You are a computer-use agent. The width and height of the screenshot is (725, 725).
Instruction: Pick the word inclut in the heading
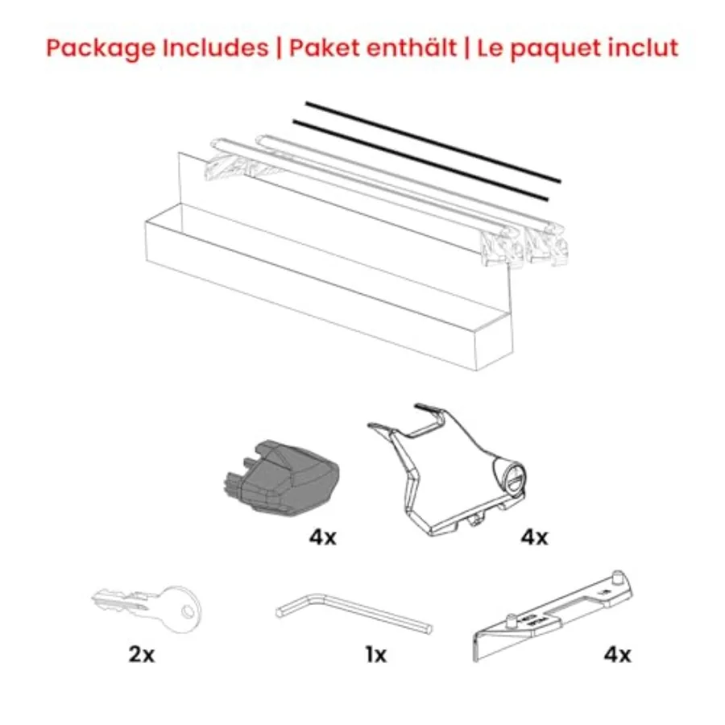click(644, 48)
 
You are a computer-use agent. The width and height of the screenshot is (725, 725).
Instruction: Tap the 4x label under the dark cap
click(322, 537)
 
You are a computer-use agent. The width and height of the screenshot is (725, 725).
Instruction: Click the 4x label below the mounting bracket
click(532, 537)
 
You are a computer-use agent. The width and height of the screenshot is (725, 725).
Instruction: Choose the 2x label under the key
click(141, 655)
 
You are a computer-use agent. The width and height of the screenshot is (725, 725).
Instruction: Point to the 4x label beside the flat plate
click(617, 655)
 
